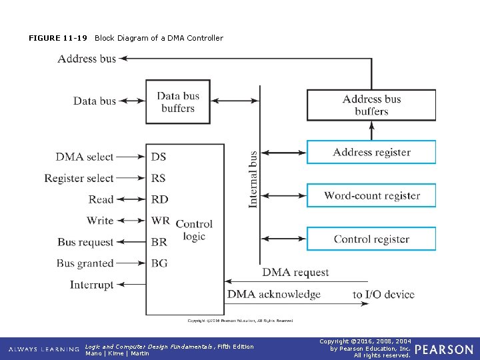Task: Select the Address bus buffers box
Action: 371,105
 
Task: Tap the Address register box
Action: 371,152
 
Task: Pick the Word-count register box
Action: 371,195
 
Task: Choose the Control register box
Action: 371,239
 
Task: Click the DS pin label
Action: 159,157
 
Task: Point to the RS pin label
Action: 159,178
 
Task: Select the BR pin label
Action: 159,242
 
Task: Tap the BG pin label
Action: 159,263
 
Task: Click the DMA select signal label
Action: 85,157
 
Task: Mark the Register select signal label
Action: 79,178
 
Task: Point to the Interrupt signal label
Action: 91,285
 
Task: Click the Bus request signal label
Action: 85,242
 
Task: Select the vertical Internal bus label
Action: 253,179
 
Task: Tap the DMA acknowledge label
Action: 273,294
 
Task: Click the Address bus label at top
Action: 87,59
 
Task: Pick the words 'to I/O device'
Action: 383,294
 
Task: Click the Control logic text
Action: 194,230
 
